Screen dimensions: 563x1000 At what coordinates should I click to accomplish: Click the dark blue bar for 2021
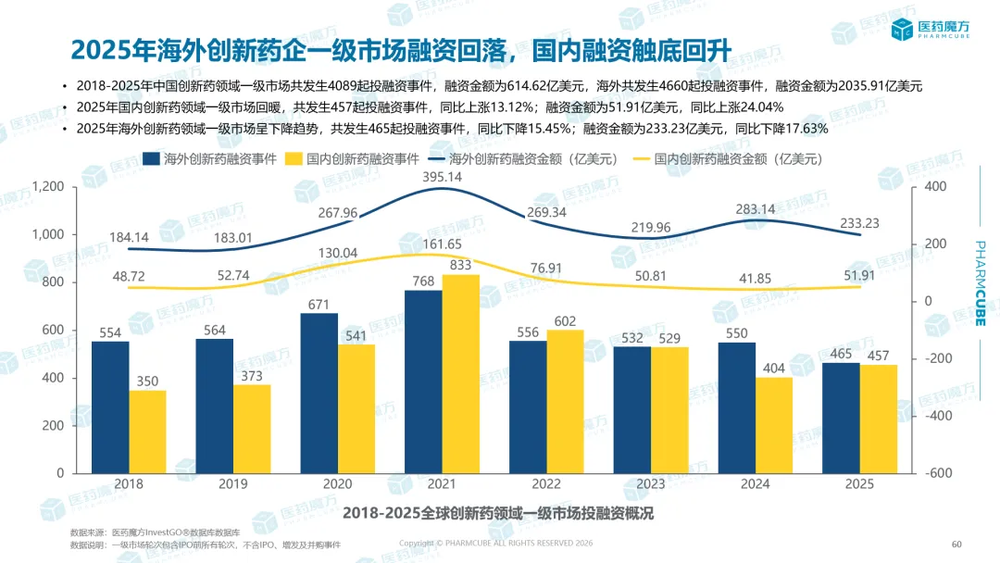point(422,381)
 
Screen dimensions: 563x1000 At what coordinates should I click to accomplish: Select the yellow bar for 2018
point(147,431)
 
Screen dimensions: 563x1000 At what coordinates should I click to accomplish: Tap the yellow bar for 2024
point(774,424)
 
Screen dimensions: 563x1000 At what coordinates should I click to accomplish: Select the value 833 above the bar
point(461,266)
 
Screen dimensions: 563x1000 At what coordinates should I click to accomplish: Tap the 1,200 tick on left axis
point(47,187)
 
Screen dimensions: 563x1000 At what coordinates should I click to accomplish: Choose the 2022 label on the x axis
point(546,484)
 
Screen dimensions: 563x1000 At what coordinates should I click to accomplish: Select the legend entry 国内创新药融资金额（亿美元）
point(728,158)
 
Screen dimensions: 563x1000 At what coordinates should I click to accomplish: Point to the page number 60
point(957,544)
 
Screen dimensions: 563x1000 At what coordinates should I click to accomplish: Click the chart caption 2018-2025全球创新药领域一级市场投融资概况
point(498,513)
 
